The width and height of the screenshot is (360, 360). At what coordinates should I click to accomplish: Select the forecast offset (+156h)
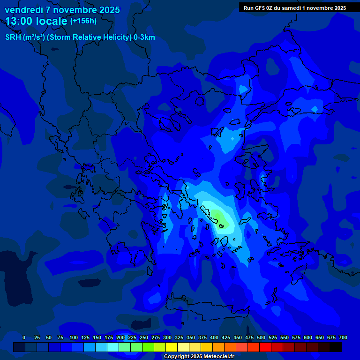(x=83, y=21)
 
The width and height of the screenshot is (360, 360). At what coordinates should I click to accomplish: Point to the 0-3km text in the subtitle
(x=144, y=37)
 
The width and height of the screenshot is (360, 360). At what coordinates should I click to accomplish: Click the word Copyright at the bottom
(x=177, y=356)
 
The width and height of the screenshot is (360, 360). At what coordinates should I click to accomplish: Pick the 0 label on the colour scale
(x=24, y=337)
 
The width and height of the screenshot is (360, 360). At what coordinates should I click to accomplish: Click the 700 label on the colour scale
(x=343, y=337)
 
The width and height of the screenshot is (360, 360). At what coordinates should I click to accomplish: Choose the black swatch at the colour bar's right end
(x=336, y=347)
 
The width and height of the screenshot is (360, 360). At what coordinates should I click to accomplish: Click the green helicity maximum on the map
(x=217, y=215)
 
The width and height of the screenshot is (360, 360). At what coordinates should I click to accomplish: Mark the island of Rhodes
(x=298, y=277)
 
